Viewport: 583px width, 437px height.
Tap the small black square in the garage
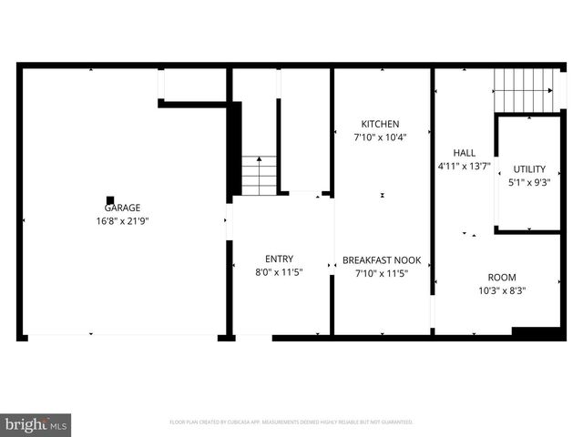(x=110, y=200)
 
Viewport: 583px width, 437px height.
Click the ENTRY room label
(x=279, y=259)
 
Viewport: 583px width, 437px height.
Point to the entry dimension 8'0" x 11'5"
(x=279, y=272)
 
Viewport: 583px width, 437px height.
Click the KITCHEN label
(x=380, y=124)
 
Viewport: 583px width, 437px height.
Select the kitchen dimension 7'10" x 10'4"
(x=380, y=137)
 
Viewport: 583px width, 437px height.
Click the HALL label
(x=465, y=153)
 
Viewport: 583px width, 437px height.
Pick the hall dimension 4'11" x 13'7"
(x=465, y=167)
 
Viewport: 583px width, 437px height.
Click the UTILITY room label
(x=528, y=168)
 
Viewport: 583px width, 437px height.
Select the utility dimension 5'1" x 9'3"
(x=528, y=182)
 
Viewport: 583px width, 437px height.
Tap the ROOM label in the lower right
(x=502, y=278)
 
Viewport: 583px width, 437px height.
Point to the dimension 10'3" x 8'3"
(x=502, y=291)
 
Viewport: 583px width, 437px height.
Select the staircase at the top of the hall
(x=523, y=92)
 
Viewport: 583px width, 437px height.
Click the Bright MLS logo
(x=36, y=424)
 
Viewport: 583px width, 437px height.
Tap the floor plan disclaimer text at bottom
(x=291, y=422)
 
